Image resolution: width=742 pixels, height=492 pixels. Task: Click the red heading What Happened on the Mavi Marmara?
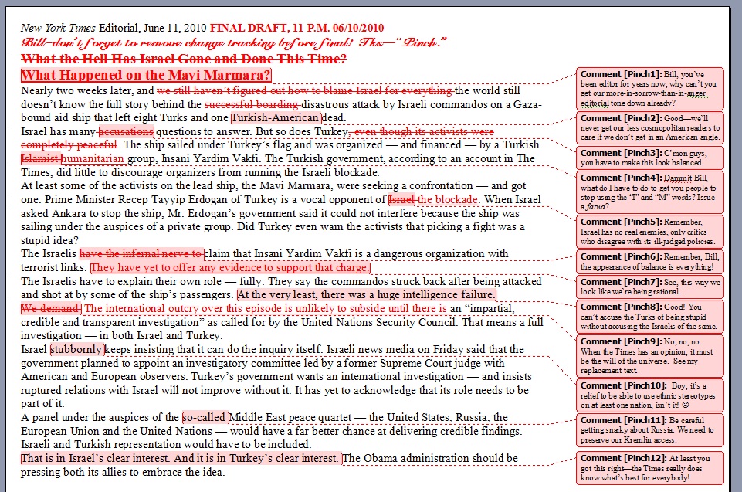pyautogui.click(x=147, y=76)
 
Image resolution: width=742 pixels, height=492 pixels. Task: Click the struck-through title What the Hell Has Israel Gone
pyautogui.click(x=184, y=59)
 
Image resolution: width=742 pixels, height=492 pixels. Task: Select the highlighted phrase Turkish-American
pyautogui.click(x=276, y=117)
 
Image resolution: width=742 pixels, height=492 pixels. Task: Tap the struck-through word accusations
pyautogui.click(x=127, y=131)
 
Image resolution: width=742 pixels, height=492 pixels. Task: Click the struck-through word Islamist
pyautogui.click(x=39, y=159)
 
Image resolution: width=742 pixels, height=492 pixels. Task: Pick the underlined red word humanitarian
pyautogui.click(x=93, y=159)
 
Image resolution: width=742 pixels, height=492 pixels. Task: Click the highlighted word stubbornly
pyautogui.click(x=76, y=349)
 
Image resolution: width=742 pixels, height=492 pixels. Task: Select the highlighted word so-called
pyautogui.click(x=205, y=417)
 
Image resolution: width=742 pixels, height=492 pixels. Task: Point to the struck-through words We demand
pyautogui.click(x=51, y=308)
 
